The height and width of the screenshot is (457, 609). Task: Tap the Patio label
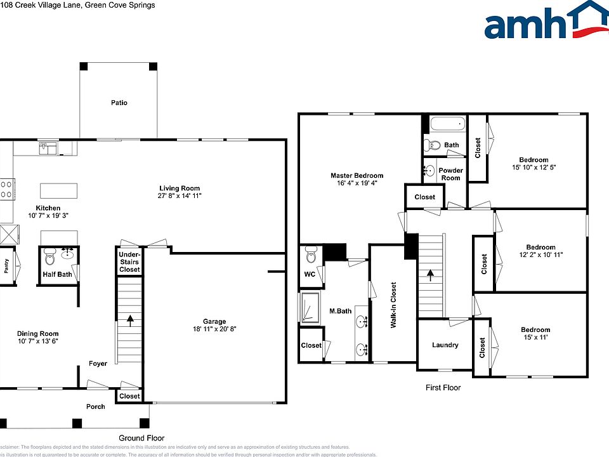pyautogui.click(x=119, y=102)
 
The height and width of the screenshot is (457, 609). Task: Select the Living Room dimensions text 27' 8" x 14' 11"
pyautogui.click(x=180, y=196)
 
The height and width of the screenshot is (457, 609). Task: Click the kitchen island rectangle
pyautogui.click(x=58, y=191)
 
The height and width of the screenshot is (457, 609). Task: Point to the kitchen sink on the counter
pyautogui.click(x=48, y=148)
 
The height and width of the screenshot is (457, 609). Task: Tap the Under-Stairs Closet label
pyautogui.click(x=129, y=262)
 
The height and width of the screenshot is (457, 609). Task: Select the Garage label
pyautogui.click(x=214, y=321)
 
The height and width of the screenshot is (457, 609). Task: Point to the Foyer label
pyautogui.click(x=98, y=364)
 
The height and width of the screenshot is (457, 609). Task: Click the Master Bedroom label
pyautogui.click(x=357, y=176)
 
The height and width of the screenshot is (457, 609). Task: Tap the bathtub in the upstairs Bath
pyautogui.click(x=447, y=124)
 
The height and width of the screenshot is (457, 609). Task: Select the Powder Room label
pyautogui.click(x=451, y=174)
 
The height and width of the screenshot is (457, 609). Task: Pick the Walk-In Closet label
pyautogui.click(x=393, y=305)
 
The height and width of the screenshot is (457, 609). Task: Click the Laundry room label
pyautogui.click(x=445, y=345)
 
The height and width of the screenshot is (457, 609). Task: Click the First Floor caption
pyautogui.click(x=443, y=387)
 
